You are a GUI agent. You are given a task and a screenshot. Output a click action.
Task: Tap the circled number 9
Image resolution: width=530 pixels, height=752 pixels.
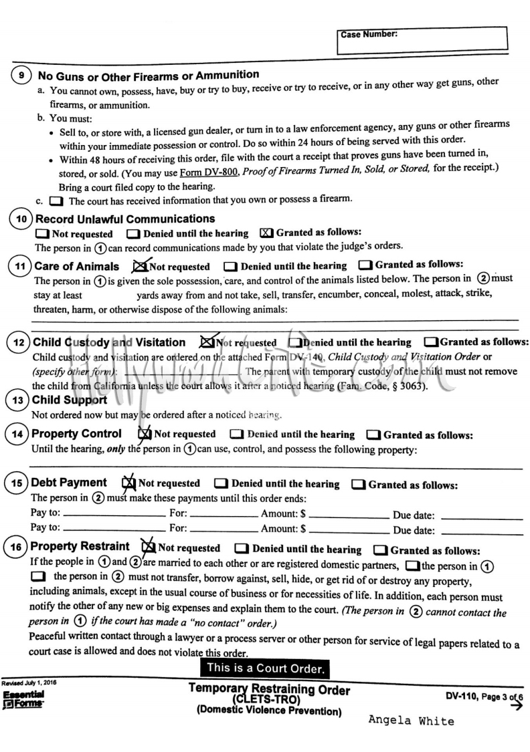(x=22, y=76)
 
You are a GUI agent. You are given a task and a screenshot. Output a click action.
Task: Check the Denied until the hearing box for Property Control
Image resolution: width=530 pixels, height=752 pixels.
(x=236, y=434)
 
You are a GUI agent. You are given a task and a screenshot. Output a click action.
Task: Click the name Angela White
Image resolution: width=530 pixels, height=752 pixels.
(x=411, y=721)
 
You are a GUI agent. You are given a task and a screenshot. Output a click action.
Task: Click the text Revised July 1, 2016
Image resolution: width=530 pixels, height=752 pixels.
(x=31, y=684)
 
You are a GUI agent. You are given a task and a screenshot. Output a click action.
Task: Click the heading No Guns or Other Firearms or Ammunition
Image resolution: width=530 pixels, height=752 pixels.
(x=149, y=74)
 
